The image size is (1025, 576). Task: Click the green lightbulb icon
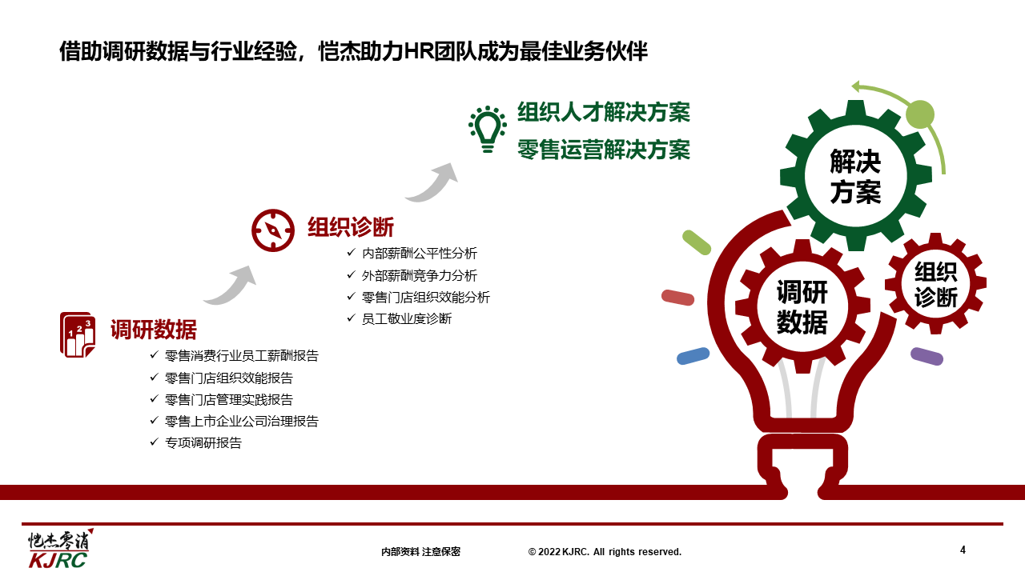[x=488, y=130]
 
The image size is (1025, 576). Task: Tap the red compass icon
[x=273, y=230]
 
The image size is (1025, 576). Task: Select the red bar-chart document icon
[x=78, y=334]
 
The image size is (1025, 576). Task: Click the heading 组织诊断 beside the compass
[x=351, y=227]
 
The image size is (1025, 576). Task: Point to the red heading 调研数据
[x=153, y=329]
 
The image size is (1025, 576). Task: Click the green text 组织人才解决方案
[x=604, y=113]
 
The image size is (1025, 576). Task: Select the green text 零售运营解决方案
[x=604, y=150]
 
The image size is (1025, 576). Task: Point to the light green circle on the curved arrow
[x=920, y=114]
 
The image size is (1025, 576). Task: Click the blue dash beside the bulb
[x=693, y=356]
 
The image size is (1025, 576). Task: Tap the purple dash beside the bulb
[x=927, y=357]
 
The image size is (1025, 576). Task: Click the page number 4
[x=963, y=550]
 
